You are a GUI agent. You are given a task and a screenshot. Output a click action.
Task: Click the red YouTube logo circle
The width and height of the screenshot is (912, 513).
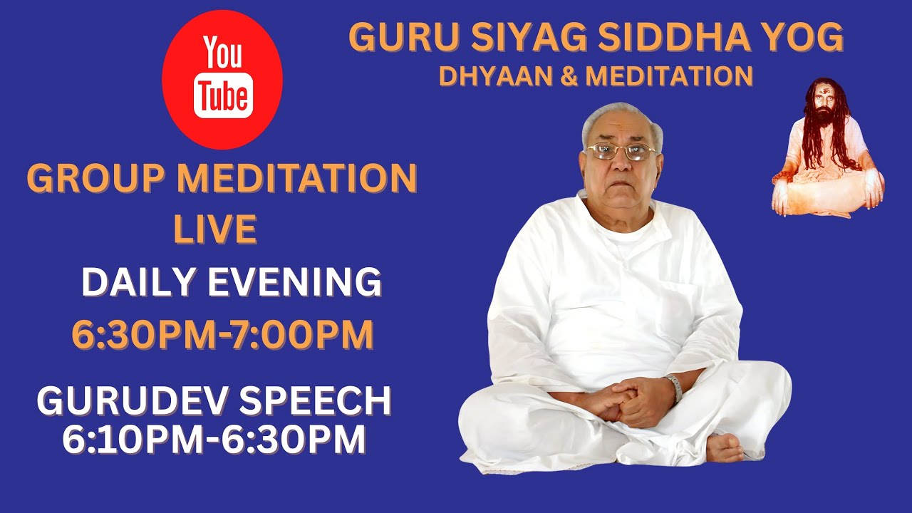pyautogui.click(x=222, y=79)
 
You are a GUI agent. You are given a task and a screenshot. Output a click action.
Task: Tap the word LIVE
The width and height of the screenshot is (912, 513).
pyautogui.click(x=215, y=229)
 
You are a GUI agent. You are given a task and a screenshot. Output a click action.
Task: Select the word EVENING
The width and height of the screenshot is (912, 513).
pyautogui.click(x=294, y=282)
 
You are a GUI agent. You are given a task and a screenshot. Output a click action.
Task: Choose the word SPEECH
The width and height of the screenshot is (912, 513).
pyautogui.click(x=315, y=402)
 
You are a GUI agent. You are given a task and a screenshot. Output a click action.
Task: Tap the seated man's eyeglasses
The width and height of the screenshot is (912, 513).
pyautogui.click(x=621, y=151)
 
